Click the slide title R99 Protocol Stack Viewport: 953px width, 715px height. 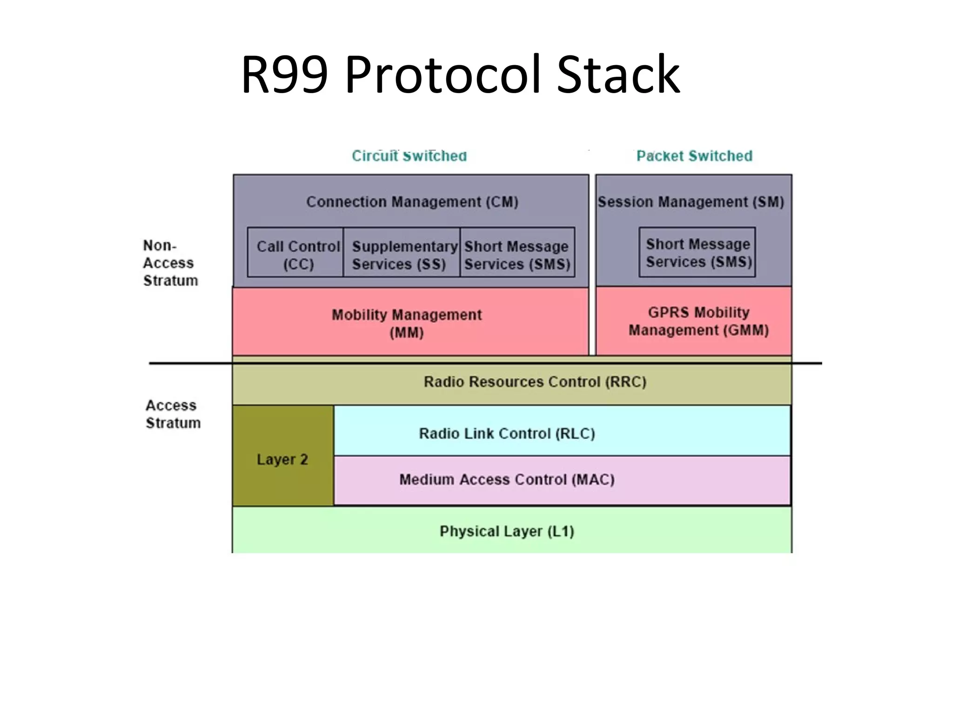pos(461,74)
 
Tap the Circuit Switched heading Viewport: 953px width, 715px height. pos(409,156)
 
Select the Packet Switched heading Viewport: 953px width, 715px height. pos(694,156)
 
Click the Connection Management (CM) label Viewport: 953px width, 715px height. pos(412,202)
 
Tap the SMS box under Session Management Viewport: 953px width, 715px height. pos(697,252)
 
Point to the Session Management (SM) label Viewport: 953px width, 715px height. pos(691,202)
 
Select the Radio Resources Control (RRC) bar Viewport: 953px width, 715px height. pos(535,382)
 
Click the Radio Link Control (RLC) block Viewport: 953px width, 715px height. pos(507,433)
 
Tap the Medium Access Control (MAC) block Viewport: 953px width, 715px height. pos(507,480)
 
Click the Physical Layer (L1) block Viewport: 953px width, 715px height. pos(507,531)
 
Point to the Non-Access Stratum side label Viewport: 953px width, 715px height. pos(170,263)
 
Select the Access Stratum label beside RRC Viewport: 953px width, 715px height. pos(173,414)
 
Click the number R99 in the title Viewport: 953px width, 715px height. pos(284,74)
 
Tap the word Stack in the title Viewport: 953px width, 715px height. pos(618,74)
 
